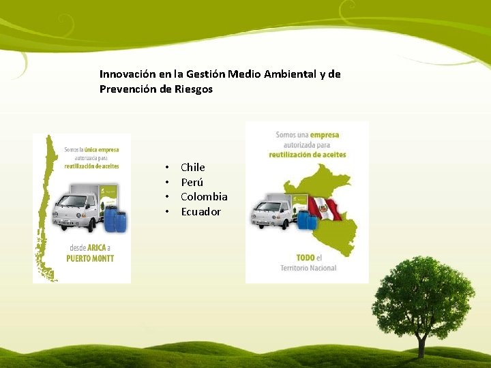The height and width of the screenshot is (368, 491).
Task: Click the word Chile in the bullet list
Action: coord(192,168)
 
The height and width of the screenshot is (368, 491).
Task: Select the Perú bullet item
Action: coord(192,183)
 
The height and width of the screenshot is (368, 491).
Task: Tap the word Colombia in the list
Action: coord(204,197)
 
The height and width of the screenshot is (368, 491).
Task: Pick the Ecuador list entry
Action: coord(200,212)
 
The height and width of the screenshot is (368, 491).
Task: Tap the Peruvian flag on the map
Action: coord(325,208)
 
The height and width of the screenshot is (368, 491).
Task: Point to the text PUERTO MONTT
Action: coord(90,258)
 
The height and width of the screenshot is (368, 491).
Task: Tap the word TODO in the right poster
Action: coord(306,258)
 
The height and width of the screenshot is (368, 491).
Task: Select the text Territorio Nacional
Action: coord(308,268)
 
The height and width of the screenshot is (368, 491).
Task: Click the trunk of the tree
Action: coord(421,344)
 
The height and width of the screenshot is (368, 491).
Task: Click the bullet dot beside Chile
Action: coord(166,168)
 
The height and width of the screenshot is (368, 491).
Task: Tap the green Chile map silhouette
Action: coord(46,204)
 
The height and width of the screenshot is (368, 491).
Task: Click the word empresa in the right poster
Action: coord(324,135)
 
